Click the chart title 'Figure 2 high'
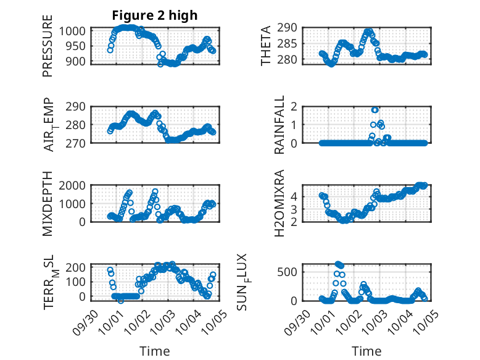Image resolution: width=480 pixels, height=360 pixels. (155, 15)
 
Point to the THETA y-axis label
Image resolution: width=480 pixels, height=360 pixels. (266, 45)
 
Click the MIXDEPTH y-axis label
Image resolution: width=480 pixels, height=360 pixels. (48, 203)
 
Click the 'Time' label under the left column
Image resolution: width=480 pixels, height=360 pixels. (155, 351)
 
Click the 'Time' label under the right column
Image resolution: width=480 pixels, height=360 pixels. (366, 351)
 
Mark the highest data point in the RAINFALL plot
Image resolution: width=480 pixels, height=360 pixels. (375, 110)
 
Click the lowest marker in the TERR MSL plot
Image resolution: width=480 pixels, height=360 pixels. (121, 301)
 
